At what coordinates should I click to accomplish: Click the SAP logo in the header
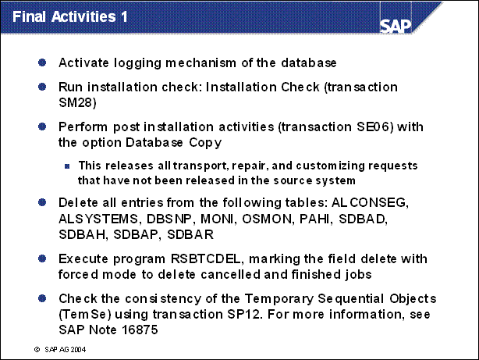[x=396, y=27]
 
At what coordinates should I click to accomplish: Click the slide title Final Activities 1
[x=70, y=16]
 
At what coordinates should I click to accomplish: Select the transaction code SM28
[x=76, y=102]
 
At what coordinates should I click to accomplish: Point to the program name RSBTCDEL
[x=205, y=259]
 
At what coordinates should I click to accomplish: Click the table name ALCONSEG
[x=368, y=203]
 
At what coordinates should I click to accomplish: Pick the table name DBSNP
[x=169, y=219]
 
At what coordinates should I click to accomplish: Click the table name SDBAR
[x=190, y=234]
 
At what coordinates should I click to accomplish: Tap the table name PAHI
[x=314, y=219]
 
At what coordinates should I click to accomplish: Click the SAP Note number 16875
[x=140, y=330]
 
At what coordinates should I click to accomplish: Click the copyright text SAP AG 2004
[x=65, y=350]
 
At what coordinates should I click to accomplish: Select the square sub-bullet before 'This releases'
[x=67, y=166]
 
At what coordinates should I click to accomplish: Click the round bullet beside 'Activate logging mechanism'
[x=42, y=62]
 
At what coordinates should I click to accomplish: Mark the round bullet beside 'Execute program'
[x=42, y=258]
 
